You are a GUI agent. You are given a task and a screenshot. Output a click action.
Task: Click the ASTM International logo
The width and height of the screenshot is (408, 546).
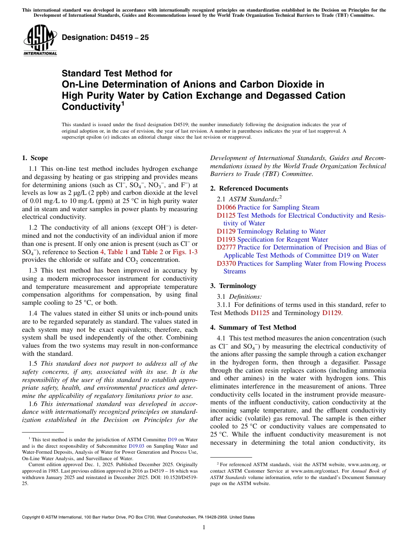click(40, 41)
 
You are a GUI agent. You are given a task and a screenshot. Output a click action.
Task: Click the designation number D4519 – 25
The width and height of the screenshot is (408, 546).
click(105, 37)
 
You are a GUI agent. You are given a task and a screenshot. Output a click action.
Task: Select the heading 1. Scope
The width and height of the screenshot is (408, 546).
click(35, 158)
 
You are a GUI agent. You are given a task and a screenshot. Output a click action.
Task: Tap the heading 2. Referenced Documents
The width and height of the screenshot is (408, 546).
click(249, 188)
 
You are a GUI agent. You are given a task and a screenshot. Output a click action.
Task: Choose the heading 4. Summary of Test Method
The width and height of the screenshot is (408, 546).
click(253, 328)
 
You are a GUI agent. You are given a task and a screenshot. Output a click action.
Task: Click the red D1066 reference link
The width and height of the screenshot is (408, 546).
click(226, 207)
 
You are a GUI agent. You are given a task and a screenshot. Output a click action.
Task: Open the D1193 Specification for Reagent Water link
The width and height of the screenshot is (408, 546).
click(272, 240)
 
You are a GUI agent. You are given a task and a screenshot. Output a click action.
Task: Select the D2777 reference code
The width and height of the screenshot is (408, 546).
click(226, 247)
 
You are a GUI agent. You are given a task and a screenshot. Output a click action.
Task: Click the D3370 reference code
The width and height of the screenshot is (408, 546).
click(226, 264)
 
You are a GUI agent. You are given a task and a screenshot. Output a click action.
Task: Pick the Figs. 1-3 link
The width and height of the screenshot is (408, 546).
click(185, 252)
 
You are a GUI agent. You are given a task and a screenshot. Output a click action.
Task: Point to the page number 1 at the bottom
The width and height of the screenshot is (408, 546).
click(204, 528)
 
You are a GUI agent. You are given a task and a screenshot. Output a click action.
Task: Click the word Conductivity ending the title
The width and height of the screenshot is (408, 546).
click(91, 106)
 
